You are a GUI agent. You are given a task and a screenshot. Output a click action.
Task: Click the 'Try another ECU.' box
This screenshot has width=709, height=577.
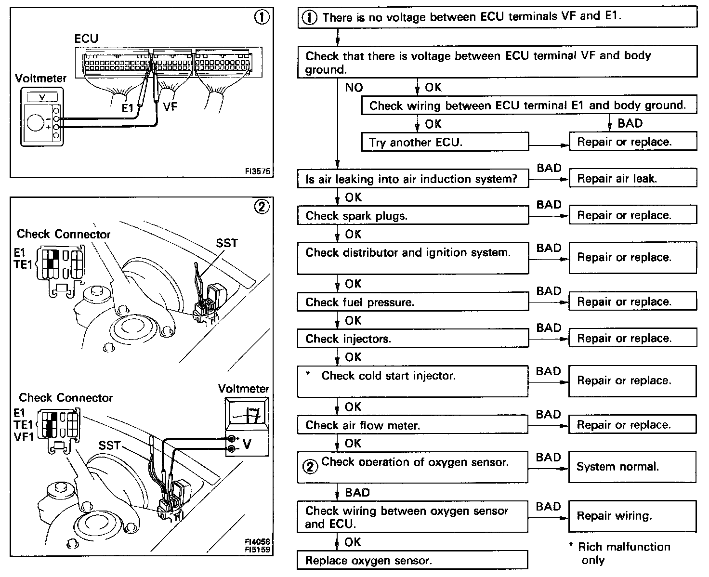[x=445, y=142]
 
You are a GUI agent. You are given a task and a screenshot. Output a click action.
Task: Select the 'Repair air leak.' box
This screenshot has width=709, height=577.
[x=632, y=179]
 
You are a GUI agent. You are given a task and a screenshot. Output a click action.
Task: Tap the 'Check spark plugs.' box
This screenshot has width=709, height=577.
[x=412, y=216]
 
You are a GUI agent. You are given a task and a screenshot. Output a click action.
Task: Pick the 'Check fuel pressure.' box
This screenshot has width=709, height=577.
[x=412, y=302]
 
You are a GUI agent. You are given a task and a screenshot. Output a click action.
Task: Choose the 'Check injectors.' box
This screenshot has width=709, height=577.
[x=412, y=339]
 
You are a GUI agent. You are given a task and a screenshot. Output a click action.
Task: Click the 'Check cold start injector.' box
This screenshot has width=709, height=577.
[x=412, y=381]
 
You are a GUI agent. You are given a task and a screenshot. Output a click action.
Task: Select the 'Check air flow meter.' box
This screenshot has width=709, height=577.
[x=412, y=425]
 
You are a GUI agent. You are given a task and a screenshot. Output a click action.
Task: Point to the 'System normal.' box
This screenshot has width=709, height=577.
[x=632, y=467]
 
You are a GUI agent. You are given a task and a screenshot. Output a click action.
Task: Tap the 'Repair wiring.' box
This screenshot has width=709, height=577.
[x=632, y=516]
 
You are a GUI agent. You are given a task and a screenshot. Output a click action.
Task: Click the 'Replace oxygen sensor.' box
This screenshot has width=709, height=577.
[x=412, y=561]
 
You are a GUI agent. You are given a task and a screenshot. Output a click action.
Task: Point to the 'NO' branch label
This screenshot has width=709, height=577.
[x=354, y=88]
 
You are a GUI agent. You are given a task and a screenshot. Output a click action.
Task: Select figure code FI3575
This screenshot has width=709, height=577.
[x=258, y=171]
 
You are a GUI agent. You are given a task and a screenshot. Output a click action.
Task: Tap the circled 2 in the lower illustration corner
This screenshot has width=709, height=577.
[x=262, y=207]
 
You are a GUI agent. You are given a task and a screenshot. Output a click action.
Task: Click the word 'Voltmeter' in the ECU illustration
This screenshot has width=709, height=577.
[x=41, y=78]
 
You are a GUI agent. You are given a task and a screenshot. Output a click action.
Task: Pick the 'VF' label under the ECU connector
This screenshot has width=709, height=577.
[x=170, y=106]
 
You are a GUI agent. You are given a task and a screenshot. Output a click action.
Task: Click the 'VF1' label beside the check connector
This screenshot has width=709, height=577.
[x=24, y=437]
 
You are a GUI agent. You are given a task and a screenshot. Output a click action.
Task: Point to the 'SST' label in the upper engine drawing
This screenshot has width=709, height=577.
[x=227, y=243]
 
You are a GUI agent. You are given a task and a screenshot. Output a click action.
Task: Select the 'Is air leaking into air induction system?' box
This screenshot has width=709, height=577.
[x=412, y=179]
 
